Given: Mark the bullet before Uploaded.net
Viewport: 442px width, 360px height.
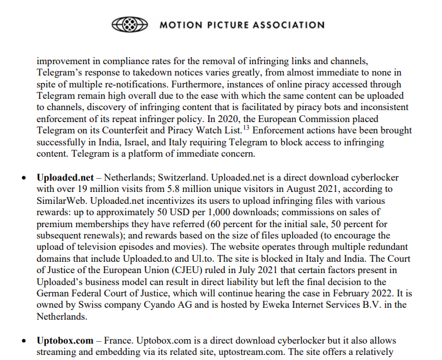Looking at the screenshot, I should (24, 179).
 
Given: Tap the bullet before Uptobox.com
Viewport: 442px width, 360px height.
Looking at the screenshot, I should (24, 341).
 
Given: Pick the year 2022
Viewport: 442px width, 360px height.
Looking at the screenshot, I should (368, 293).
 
